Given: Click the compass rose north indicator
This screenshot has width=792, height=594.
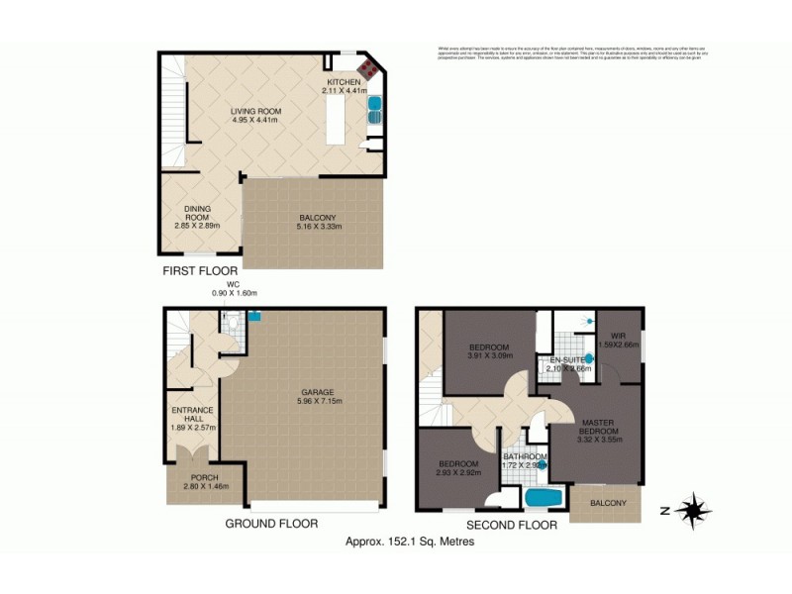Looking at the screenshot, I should coord(695,510).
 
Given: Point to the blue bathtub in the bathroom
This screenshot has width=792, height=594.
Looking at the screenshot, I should coord(543,498).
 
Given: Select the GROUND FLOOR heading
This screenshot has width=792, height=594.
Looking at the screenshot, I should coord(271,523).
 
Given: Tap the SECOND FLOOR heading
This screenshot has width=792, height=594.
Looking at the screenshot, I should coord(511,525).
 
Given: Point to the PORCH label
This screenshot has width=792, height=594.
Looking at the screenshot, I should coord(205,477).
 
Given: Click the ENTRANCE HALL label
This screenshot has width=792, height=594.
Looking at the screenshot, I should coord(187,413).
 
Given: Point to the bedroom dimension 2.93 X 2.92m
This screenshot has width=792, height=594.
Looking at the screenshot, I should coord(458,473).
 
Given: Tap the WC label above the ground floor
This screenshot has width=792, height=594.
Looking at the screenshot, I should coord(233,285).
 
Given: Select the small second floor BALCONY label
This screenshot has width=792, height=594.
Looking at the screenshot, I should coord(607,503).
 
